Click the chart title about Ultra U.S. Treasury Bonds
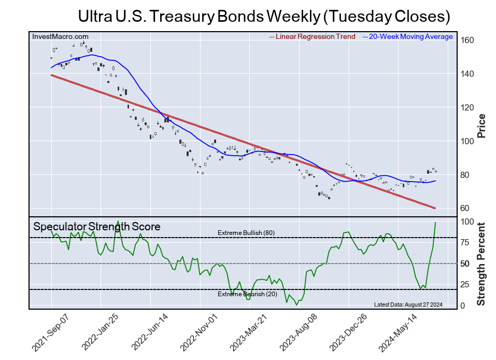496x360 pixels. (263, 16)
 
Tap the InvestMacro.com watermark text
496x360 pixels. (60, 36)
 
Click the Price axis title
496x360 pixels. (481, 125)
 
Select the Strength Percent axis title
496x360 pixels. (481, 264)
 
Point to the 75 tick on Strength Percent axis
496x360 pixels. (465, 242)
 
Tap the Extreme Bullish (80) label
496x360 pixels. (246, 232)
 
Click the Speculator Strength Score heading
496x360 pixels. (97, 227)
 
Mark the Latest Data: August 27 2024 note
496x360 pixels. (407, 304)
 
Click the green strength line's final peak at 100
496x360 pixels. (435, 223)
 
